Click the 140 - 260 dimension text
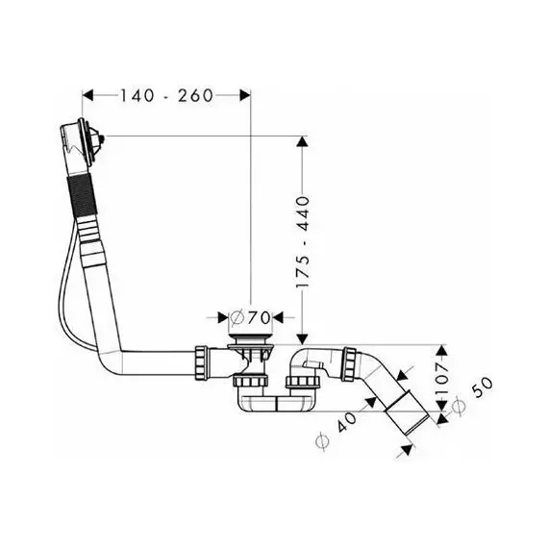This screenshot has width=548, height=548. pyautogui.click(x=166, y=95)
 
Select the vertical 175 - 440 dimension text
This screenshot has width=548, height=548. pyautogui.click(x=303, y=242)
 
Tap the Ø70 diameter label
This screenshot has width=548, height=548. pyautogui.click(x=250, y=317)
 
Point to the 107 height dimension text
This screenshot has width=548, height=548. pyautogui.click(x=441, y=378)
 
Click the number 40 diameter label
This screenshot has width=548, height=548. pyautogui.click(x=347, y=418)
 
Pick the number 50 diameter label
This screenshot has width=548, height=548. pyautogui.click(x=483, y=386)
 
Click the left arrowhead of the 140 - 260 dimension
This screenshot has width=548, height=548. pyautogui.click(x=87, y=95)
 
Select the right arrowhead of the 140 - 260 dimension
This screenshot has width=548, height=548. pyautogui.click(x=245, y=95)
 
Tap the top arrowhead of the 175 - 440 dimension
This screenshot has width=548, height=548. pyautogui.click(x=302, y=141)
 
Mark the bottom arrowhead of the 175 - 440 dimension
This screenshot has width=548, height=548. pyautogui.click(x=302, y=338)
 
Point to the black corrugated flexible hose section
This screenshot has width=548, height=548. pyautogui.click(x=81, y=196)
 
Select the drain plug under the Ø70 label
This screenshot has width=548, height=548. pyautogui.click(x=250, y=338)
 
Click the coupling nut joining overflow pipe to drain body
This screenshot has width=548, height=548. pyautogui.click(x=202, y=361)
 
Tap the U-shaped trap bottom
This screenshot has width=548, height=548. pyautogui.click(x=276, y=403)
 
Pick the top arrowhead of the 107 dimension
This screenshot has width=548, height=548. pyautogui.click(x=442, y=351)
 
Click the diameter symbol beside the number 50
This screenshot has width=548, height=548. pyautogui.click(x=459, y=407)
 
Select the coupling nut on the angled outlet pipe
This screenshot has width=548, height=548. pyautogui.click(x=349, y=363)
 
